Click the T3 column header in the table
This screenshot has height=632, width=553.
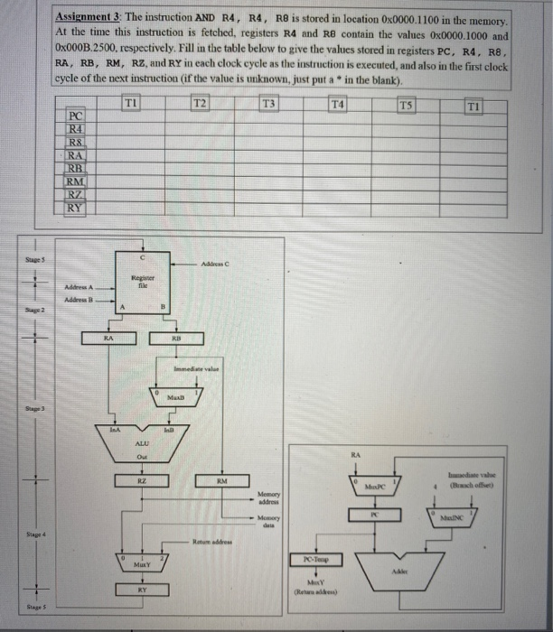tap(267, 105)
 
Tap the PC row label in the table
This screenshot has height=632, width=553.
tap(77, 116)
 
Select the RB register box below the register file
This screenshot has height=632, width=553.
tap(177, 337)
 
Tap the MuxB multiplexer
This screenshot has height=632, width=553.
tap(177, 395)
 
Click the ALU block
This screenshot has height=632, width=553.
tap(141, 444)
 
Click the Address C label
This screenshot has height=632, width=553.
tap(234, 262)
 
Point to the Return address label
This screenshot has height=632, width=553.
tap(211, 542)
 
